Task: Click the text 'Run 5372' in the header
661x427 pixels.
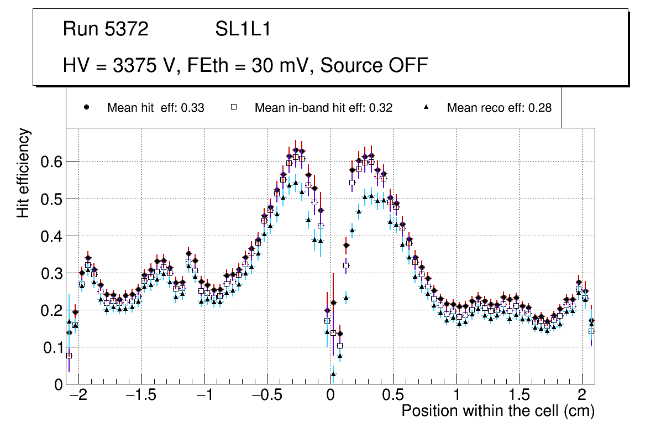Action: coord(106,29)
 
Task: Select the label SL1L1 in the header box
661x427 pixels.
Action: coord(243,29)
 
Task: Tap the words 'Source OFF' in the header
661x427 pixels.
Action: coord(374,65)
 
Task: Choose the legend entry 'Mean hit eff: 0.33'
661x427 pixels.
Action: coord(155,108)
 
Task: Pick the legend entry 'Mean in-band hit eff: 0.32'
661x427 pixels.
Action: coord(323,108)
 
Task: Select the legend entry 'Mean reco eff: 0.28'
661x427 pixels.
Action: coord(499,108)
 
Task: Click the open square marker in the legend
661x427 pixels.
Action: coord(234,107)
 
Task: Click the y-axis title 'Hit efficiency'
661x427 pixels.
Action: coord(24,173)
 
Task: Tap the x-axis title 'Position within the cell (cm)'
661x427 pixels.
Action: coord(498,411)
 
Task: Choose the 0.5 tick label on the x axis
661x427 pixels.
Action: coord(393,396)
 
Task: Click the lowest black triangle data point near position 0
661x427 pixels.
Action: coord(333,374)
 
